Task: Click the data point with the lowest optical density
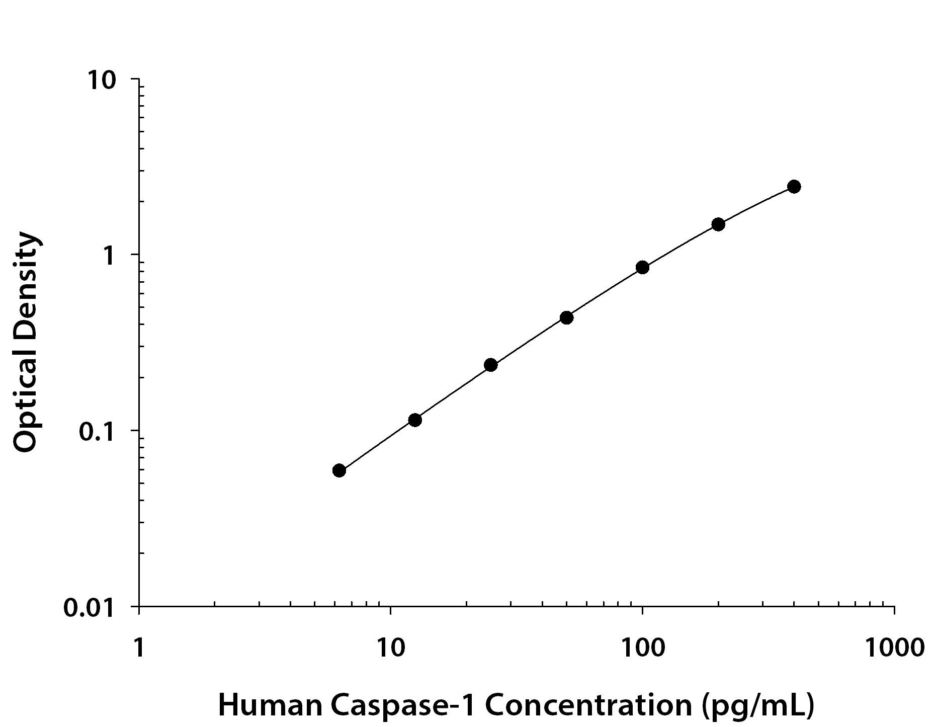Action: [339, 470]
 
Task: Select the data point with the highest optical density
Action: [794, 187]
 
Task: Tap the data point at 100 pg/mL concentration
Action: [642, 267]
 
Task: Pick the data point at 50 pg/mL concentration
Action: [566, 317]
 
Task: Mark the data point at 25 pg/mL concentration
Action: [491, 365]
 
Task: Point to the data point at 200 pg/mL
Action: [718, 224]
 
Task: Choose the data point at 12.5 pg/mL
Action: [415, 420]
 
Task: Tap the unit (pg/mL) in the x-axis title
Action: [757, 706]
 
